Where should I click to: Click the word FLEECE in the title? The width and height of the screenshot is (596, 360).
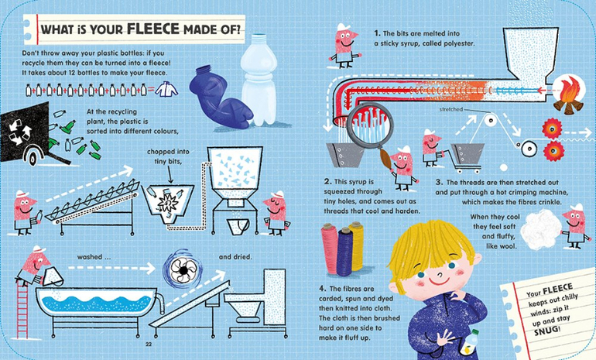tap(152, 29)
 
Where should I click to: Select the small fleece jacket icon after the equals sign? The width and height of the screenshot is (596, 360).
tap(166, 90)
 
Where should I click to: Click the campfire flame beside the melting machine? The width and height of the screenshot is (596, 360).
tap(569, 95)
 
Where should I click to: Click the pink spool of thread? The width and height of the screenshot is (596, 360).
tap(330, 249)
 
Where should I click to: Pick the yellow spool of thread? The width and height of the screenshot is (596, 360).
tap(356, 246)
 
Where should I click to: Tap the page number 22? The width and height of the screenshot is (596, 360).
tap(149, 345)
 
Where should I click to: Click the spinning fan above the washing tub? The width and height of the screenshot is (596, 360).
tap(183, 269)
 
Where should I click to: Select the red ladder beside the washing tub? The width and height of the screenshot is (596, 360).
tap(22, 310)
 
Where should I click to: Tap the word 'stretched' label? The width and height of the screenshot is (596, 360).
tap(451, 109)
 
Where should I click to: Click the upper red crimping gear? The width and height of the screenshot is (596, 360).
tap(552, 129)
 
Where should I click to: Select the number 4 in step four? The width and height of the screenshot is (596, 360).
tap(322, 289)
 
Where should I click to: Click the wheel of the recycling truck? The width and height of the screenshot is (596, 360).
tap(33, 156)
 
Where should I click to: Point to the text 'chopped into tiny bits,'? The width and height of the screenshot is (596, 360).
tap(168, 156)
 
